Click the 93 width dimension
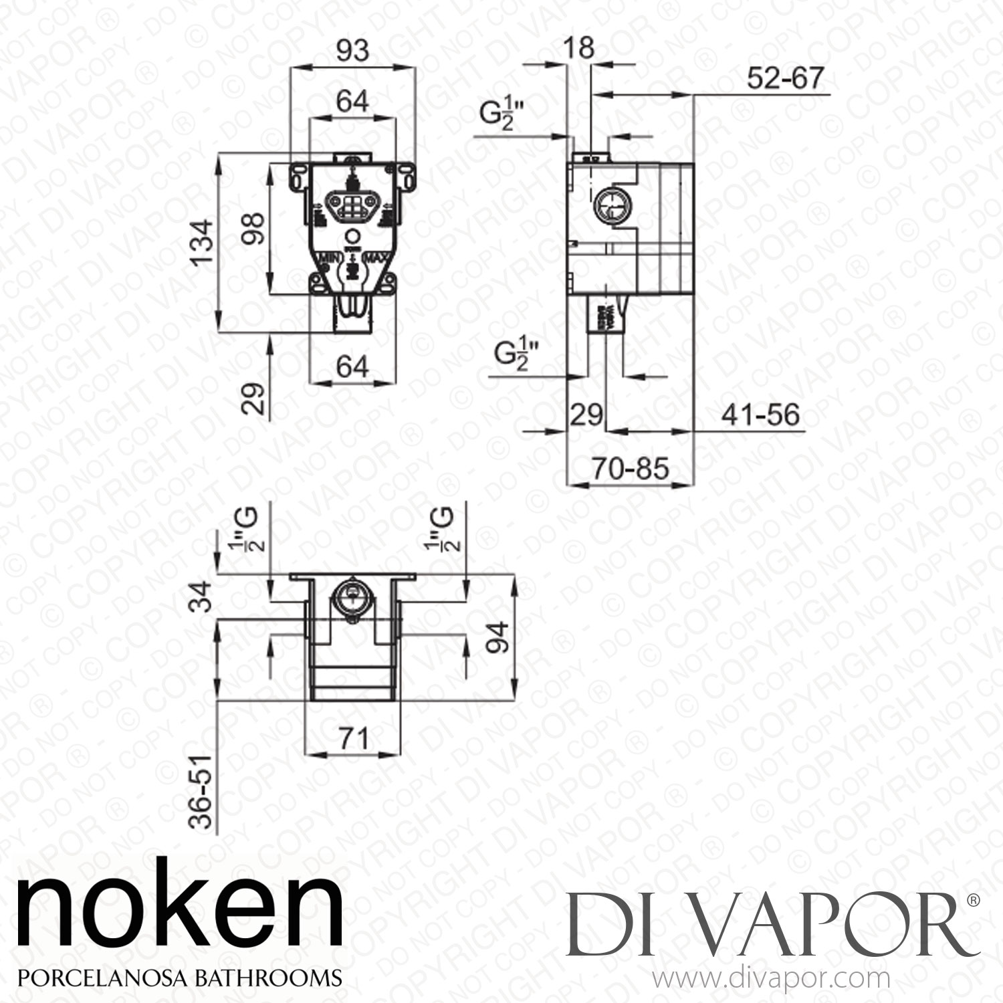pyautogui.click(x=352, y=51)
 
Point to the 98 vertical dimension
pyautogui.click(x=255, y=229)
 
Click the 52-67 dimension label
pyautogui.click(x=785, y=79)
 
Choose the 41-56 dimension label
pyautogui.click(x=760, y=415)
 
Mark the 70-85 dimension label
pyautogui.click(x=629, y=469)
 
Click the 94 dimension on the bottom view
pyautogui.click(x=499, y=638)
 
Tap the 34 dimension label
pyautogui.click(x=202, y=596)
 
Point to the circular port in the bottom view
pyautogui.click(x=350, y=594)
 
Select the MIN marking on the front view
pyautogui.click(x=331, y=258)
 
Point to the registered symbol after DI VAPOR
pyautogui.click(x=974, y=901)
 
